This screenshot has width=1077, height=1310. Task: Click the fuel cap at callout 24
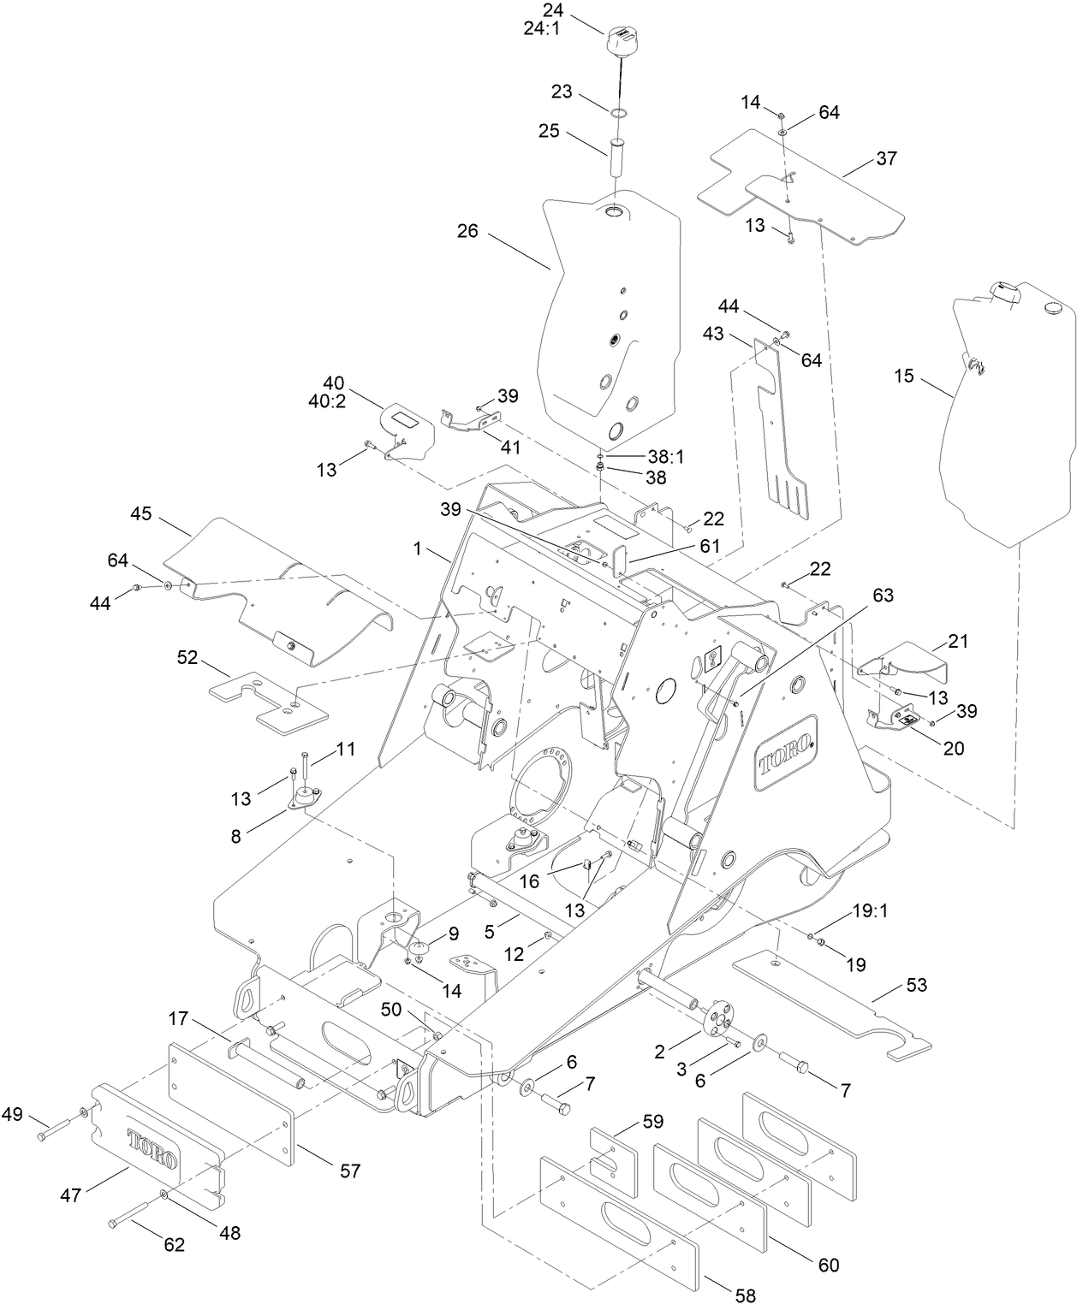pyautogui.click(x=622, y=42)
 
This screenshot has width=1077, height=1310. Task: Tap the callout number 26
pyautogui.click(x=467, y=231)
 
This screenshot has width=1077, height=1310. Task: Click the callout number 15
pyautogui.click(x=903, y=376)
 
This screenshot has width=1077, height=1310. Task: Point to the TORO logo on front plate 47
pyautogui.click(x=153, y=1149)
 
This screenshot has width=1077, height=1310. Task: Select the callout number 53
pyautogui.click(x=916, y=986)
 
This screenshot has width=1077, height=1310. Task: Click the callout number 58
pyautogui.click(x=746, y=1295)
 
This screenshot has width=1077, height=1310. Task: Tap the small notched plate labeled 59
pyautogui.click(x=614, y=1160)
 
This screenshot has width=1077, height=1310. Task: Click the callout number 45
pyautogui.click(x=141, y=513)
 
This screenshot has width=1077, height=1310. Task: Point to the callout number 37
pyautogui.click(x=886, y=158)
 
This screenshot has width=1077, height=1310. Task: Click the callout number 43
pyautogui.click(x=712, y=334)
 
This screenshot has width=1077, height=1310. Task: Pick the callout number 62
pyautogui.click(x=174, y=1245)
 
